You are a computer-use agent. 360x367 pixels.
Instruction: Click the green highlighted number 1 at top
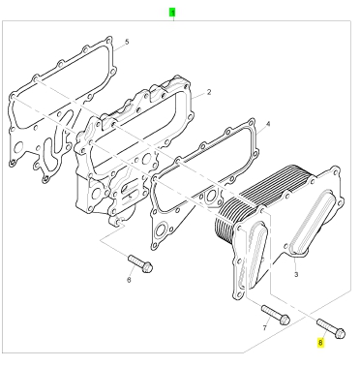click(172, 13)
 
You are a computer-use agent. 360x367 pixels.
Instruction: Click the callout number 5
click(127, 42)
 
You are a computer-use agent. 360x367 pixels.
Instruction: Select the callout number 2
click(209, 92)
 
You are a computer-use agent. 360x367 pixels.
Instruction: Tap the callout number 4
click(268, 124)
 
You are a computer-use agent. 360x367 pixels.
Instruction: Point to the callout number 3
click(296, 275)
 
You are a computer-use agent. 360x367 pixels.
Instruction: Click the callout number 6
click(129, 280)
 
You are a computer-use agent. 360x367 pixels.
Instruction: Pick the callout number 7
click(265, 328)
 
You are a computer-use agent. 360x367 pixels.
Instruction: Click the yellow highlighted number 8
click(320, 342)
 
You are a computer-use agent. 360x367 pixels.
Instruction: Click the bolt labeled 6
click(140, 263)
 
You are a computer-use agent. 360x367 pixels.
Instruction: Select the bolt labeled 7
click(276, 315)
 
